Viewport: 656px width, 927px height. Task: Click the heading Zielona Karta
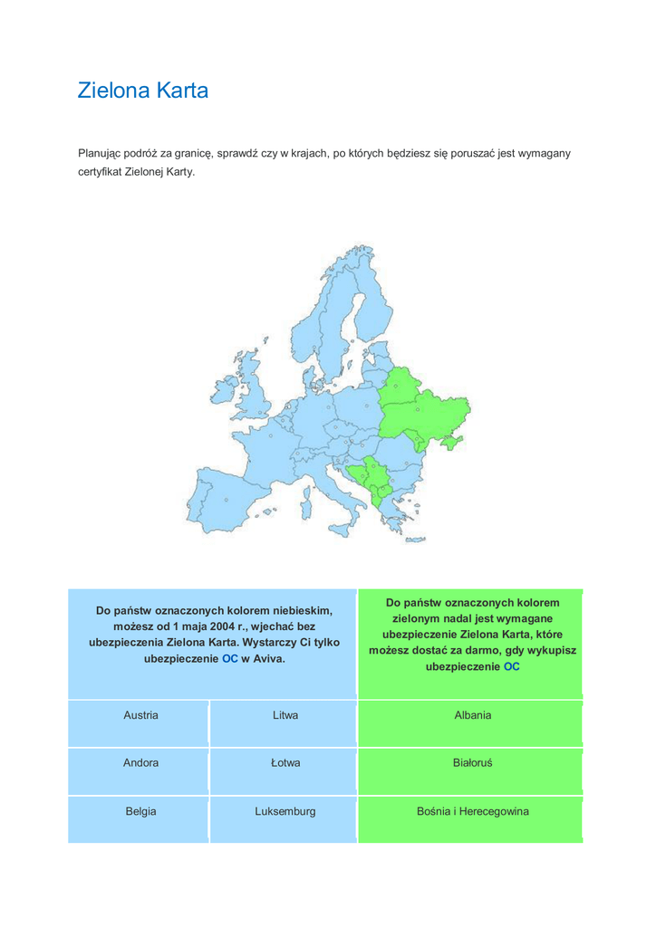pyautogui.click(x=143, y=91)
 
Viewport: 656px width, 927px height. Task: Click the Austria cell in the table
pyautogui.click(x=140, y=715)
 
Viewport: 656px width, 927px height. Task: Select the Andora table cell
pyautogui.click(x=140, y=763)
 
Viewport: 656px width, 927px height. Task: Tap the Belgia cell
pyautogui.click(x=140, y=812)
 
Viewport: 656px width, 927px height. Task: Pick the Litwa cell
pyautogui.click(x=285, y=715)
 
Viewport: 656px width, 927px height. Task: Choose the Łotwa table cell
pyautogui.click(x=285, y=763)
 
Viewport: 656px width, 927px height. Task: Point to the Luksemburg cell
pyautogui.click(x=285, y=812)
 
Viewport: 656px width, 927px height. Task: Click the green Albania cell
pyautogui.click(x=472, y=715)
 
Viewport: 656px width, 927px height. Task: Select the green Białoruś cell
pyautogui.click(x=472, y=763)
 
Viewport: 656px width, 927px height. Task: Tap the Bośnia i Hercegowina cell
pyautogui.click(x=472, y=812)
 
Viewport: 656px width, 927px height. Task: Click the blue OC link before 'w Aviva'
pyautogui.click(x=230, y=659)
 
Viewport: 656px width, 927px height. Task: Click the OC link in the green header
pyautogui.click(x=512, y=667)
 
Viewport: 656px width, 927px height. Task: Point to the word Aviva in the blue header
pyautogui.click(x=270, y=659)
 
